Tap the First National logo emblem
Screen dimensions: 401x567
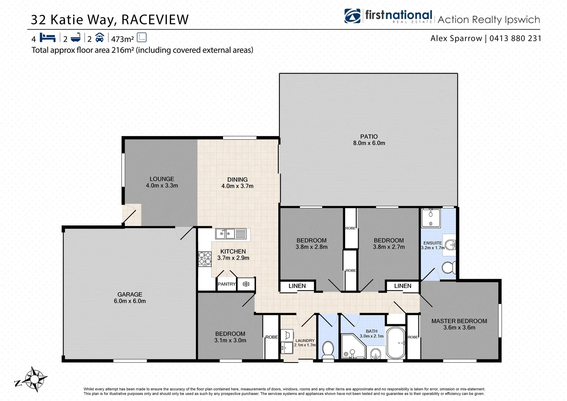click(x=352, y=16)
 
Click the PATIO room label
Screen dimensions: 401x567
click(x=368, y=137)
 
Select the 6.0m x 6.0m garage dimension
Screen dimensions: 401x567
click(x=130, y=301)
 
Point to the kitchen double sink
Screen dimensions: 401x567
click(x=230, y=234)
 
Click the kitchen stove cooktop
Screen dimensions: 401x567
click(x=205, y=259)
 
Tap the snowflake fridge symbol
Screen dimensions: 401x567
click(x=246, y=284)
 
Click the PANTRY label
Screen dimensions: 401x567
click(x=226, y=284)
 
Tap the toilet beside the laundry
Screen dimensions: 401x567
click(x=328, y=350)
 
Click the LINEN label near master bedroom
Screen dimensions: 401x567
click(x=403, y=286)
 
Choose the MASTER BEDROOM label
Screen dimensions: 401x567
click(x=459, y=321)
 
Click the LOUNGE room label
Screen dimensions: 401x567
click(x=162, y=179)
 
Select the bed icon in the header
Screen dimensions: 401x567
click(x=47, y=38)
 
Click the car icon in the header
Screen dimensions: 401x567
click(x=99, y=38)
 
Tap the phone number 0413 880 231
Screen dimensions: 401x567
click(x=515, y=38)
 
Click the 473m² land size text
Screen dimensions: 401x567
click(x=122, y=39)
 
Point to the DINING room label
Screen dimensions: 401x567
click(x=237, y=180)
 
